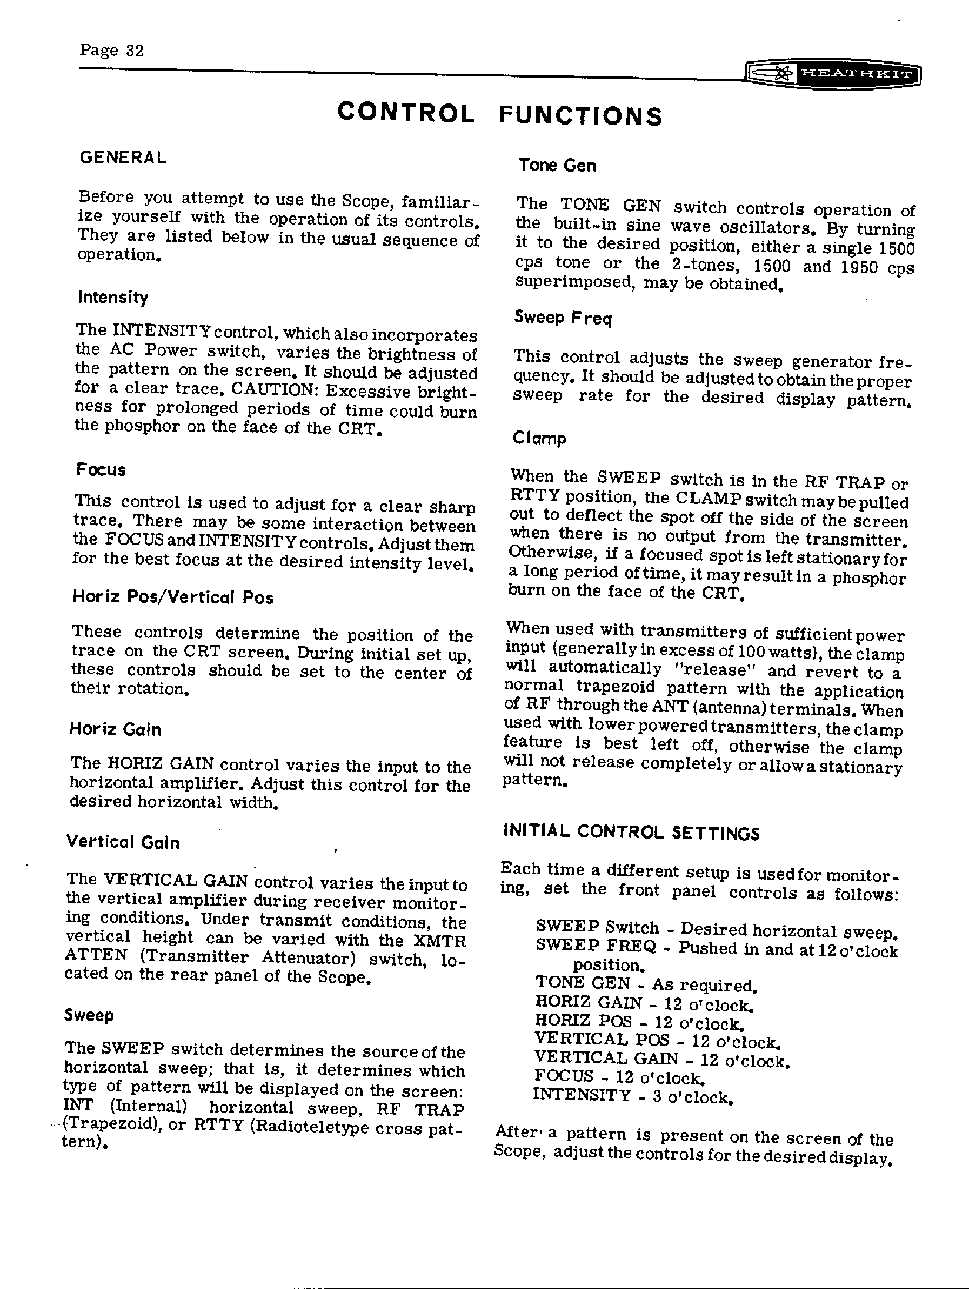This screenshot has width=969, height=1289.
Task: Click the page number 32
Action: pyautogui.click(x=112, y=51)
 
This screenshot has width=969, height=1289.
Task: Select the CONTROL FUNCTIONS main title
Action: pyautogui.click(x=500, y=114)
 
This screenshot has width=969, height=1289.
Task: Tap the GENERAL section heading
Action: pyautogui.click(x=123, y=158)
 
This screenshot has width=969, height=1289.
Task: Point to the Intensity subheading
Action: pyautogui.click(x=113, y=298)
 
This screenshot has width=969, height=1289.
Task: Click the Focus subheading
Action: pyautogui.click(x=101, y=470)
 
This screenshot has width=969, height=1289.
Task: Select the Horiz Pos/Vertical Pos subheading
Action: pyautogui.click(x=173, y=597)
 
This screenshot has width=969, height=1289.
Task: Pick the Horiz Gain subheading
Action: pyautogui.click(x=115, y=730)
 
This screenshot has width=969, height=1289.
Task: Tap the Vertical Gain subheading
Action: pyautogui.click(x=123, y=842)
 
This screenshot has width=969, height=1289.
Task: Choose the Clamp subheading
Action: pyautogui.click(x=539, y=439)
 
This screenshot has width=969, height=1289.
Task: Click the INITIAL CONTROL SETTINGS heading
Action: pyautogui.click(x=631, y=832)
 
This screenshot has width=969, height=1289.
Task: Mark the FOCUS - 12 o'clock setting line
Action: pyautogui.click(x=619, y=1077)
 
